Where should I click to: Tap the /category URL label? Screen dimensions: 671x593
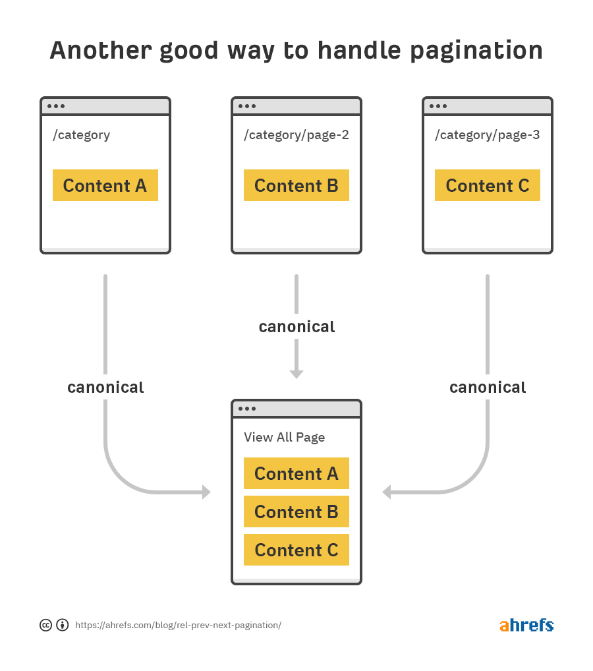click(81, 135)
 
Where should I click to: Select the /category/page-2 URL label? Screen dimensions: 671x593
click(296, 135)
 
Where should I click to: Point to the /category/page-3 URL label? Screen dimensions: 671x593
click(487, 135)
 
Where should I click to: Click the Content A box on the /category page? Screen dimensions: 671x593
click(105, 185)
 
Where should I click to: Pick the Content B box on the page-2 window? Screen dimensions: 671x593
click(296, 185)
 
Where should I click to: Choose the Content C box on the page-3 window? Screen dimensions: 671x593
click(488, 185)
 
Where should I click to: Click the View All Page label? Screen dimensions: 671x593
click(284, 437)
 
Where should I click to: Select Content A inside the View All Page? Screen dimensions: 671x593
click(296, 473)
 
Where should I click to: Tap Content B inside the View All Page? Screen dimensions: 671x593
click(296, 511)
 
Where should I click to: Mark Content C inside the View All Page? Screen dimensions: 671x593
click(296, 550)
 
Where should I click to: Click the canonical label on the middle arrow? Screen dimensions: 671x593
click(296, 326)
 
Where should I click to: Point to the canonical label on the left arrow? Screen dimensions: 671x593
click(105, 387)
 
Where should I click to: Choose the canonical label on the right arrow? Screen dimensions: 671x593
click(488, 387)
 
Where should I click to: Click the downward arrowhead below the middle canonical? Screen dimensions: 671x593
click(296, 374)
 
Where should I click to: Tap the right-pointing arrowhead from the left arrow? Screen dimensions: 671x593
click(206, 492)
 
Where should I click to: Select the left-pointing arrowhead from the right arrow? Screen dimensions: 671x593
click(387, 492)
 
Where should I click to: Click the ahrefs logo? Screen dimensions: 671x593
click(526, 625)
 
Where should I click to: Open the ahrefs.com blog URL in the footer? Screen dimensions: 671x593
click(178, 625)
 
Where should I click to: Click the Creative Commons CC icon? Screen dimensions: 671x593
click(46, 625)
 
